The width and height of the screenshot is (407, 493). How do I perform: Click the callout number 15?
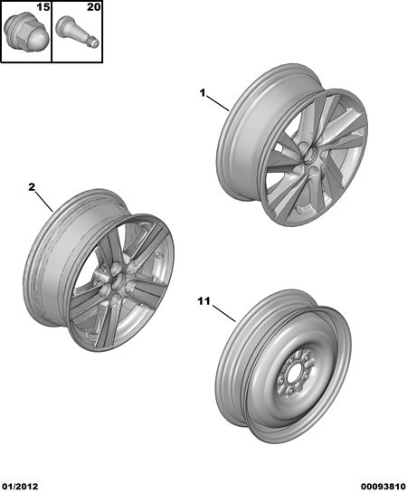[x=43, y=7]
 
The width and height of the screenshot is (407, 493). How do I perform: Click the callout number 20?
[x=93, y=7]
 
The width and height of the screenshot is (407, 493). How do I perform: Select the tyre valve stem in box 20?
[x=77, y=34]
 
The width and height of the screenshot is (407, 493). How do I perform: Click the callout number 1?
[x=202, y=93]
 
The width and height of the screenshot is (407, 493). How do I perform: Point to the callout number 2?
[x=32, y=187]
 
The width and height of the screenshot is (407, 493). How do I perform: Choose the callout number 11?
[x=203, y=301]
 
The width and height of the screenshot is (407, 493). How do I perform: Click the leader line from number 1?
[x=218, y=103]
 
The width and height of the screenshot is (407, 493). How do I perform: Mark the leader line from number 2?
[x=44, y=202]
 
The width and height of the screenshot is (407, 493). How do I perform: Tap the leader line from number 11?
[x=224, y=314]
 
